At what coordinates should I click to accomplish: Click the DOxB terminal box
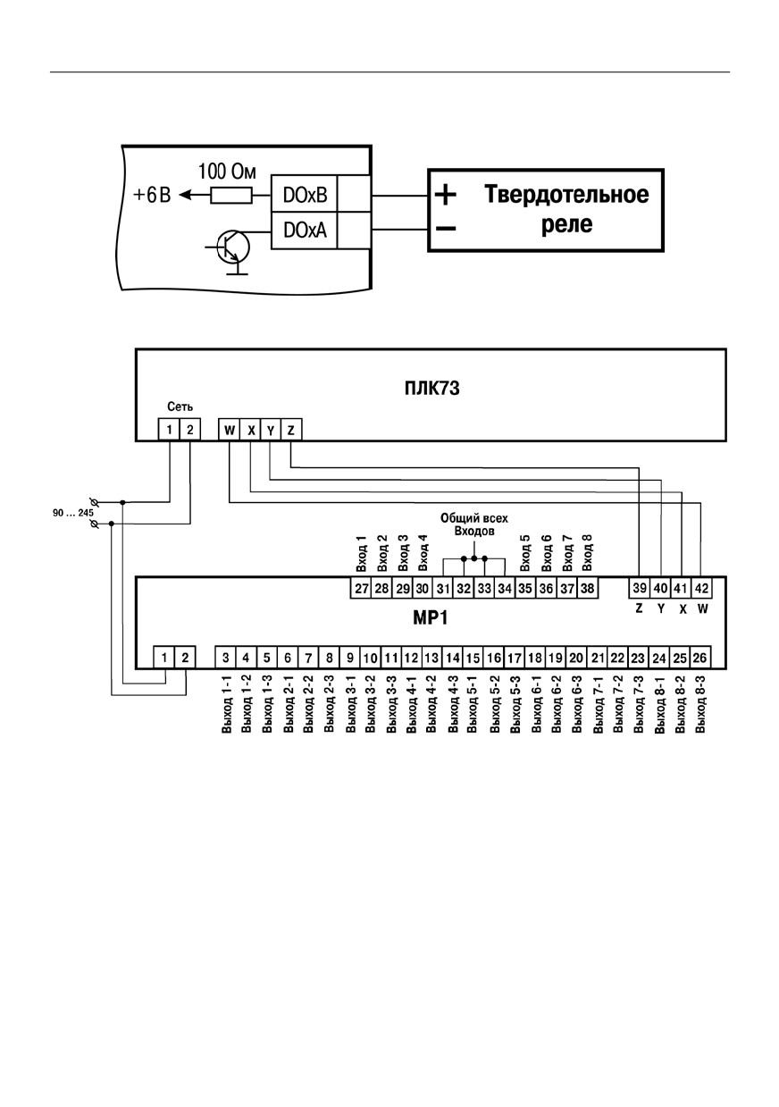coord(304,195)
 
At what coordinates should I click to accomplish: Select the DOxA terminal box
coord(304,231)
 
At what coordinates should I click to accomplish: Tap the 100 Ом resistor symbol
coord(230,196)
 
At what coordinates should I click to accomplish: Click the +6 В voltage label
coord(152,195)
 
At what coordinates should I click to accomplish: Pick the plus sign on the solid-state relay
coord(446,195)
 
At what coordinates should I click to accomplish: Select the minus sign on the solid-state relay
coord(446,229)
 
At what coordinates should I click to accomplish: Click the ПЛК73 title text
coord(431,388)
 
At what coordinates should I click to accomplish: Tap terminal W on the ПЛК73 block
coord(230,430)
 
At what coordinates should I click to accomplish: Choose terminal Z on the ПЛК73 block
coord(290,430)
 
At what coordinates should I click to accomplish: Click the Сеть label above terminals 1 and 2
coord(180,407)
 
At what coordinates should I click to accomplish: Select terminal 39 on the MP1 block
coord(639,588)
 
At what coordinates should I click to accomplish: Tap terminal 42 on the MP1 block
coord(701,588)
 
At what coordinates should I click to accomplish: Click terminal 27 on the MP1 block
coord(361,588)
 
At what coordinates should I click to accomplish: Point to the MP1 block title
coord(430,618)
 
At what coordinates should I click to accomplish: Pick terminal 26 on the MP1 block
coord(700,658)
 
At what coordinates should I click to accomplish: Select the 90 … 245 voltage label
coord(73,513)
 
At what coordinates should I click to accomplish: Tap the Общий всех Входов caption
coord(474,524)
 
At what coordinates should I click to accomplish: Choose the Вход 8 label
coord(587,552)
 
